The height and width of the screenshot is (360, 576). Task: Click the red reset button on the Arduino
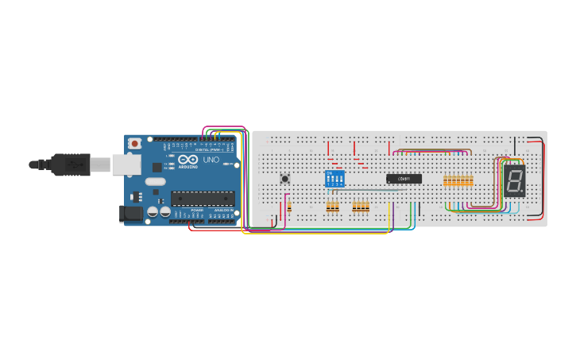coord(135,143)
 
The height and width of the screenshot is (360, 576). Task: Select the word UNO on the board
coord(211,161)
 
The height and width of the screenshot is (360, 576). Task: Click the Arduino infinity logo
coord(188,160)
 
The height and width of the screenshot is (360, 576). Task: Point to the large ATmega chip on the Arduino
coord(203,199)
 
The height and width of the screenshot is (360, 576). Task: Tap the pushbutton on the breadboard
coord(285,179)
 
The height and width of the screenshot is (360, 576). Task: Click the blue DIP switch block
coord(334,179)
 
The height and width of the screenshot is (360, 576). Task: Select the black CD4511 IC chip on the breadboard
coord(404,179)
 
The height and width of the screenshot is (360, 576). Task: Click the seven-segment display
coord(514,181)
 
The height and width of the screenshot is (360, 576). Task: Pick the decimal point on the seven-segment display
coord(522,192)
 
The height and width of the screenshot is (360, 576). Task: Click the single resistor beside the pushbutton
coord(289,207)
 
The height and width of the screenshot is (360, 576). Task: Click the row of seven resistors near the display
coord(458,181)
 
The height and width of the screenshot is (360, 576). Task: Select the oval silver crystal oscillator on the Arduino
coord(156,181)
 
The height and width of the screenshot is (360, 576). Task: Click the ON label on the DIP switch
coord(329,172)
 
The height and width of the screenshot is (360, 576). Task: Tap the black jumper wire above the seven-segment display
coord(515,146)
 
